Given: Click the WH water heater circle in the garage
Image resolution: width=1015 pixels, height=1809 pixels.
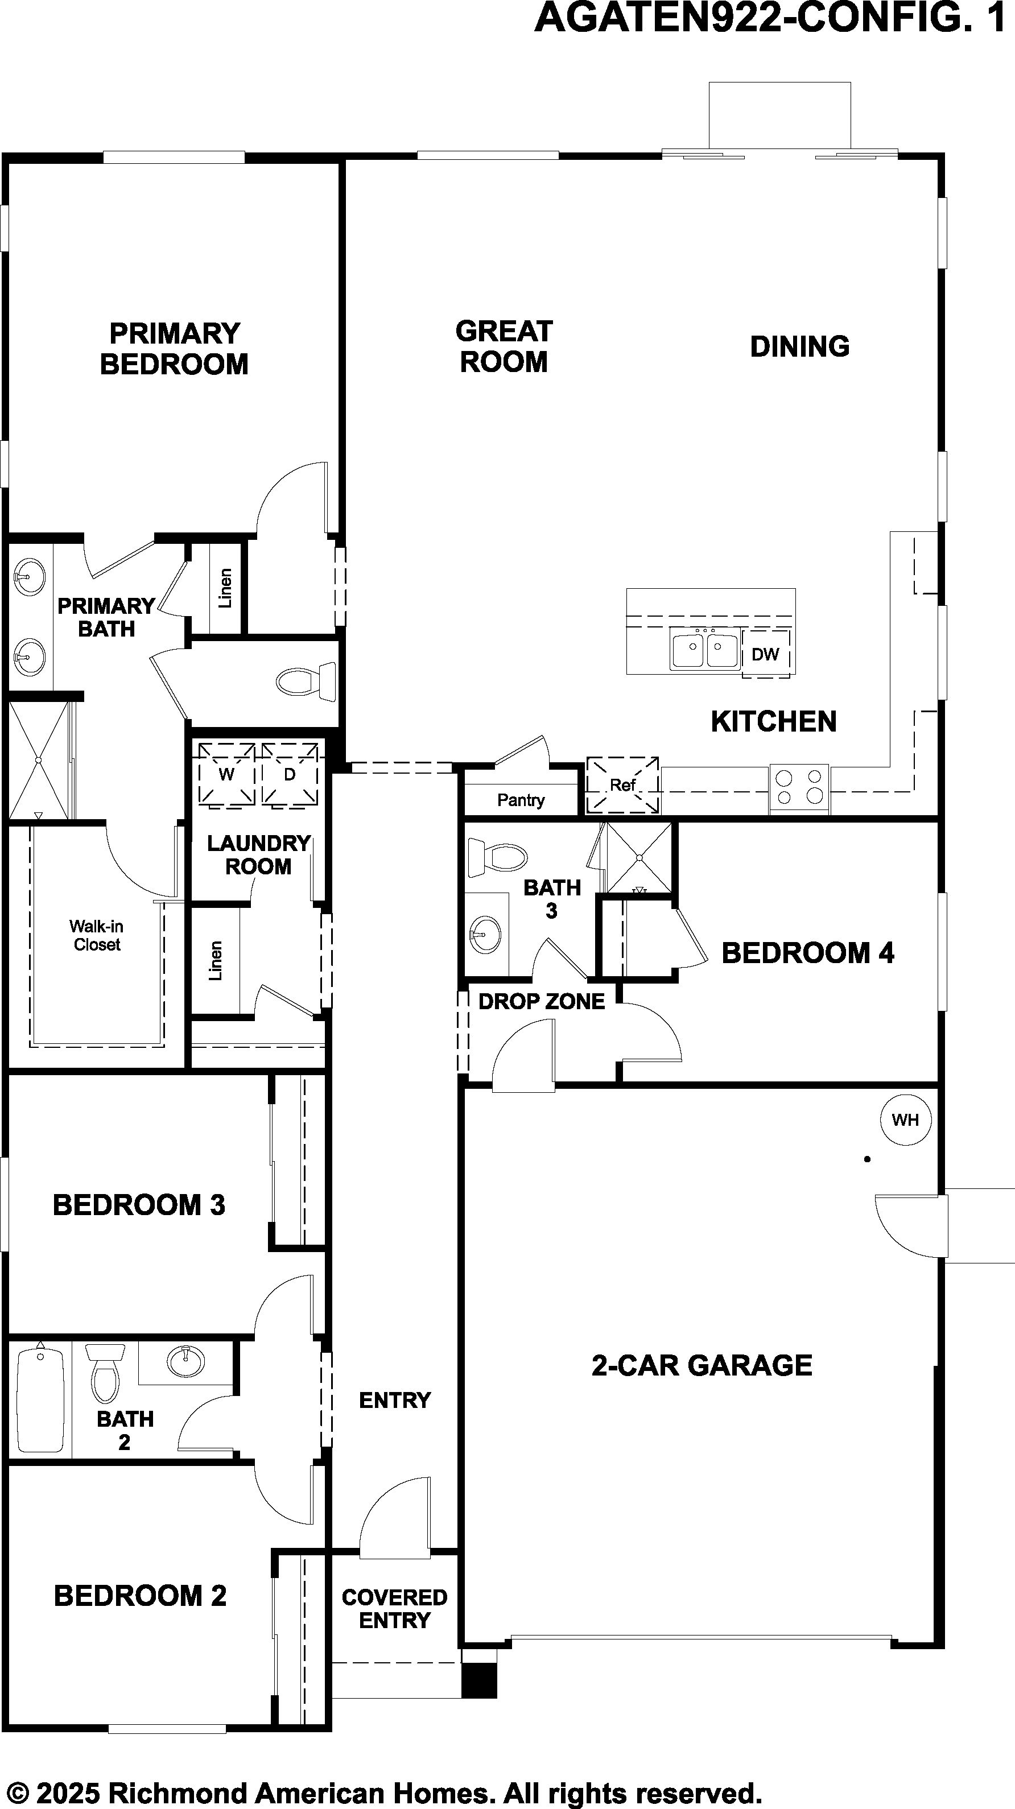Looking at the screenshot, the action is tap(905, 1120).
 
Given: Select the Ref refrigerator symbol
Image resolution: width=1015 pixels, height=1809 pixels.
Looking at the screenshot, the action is tap(622, 785).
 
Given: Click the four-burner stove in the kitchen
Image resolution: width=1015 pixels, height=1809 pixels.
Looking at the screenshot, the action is tap(799, 787).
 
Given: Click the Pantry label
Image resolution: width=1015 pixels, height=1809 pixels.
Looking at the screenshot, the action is tap(521, 800).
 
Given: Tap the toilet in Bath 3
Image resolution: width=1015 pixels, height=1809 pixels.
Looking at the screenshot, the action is tap(497, 857).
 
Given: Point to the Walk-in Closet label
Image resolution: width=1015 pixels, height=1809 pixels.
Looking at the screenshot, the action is tap(96, 935).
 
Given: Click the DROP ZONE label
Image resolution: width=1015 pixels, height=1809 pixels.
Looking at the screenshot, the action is tap(542, 1001).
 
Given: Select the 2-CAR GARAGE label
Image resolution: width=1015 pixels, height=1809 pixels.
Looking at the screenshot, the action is tap(702, 1366).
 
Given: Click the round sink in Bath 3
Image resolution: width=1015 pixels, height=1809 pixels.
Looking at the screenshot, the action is tap(485, 934).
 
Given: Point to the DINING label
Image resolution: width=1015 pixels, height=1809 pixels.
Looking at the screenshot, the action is tap(800, 346).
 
